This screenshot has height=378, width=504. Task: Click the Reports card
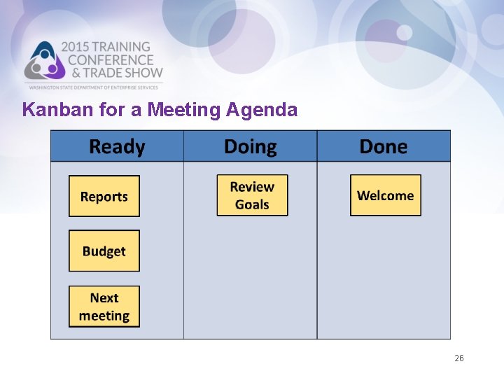click(104, 196)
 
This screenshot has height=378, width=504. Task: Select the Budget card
click(104, 251)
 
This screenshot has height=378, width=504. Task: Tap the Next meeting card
click(104, 307)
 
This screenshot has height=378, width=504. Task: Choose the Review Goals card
click(252, 195)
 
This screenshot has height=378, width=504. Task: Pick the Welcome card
click(386, 195)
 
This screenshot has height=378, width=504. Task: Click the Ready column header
click(117, 147)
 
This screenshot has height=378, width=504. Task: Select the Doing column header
click(250, 147)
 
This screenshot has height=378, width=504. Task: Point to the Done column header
click(383, 147)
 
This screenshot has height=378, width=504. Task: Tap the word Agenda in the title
click(262, 110)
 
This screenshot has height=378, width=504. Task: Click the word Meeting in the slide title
click(184, 110)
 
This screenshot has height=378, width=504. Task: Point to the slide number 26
click(458, 358)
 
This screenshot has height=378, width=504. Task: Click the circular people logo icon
click(44, 62)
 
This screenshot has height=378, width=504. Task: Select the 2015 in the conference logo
click(77, 48)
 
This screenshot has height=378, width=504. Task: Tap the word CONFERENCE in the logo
click(110, 60)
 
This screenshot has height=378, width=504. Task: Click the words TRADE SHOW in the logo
click(122, 72)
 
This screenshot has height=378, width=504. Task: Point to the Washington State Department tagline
click(94, 86)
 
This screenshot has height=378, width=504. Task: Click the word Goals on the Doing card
click(252, 204)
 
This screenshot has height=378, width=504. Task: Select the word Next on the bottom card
click(104, 298)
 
